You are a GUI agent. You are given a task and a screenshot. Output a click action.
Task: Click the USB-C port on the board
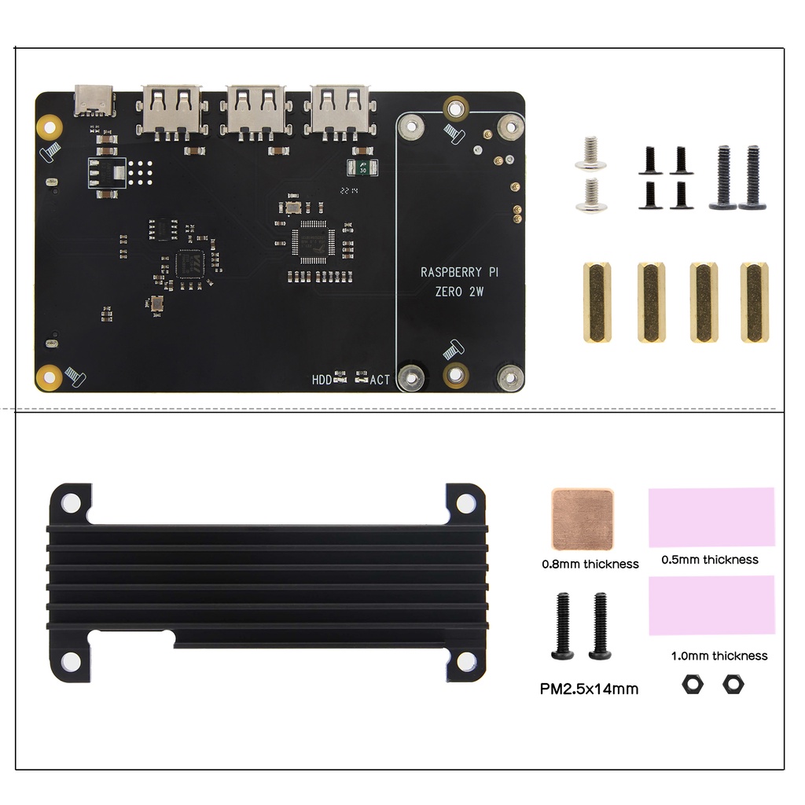(94, 100)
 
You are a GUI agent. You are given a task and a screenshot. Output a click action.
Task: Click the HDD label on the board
(322, 380)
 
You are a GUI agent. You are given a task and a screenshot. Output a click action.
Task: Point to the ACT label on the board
(380, 380)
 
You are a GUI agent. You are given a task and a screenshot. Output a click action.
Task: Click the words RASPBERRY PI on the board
(459, 273)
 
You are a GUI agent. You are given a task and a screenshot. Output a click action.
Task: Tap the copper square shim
(583, 520)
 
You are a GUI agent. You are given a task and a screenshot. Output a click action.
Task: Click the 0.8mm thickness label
(590, 564)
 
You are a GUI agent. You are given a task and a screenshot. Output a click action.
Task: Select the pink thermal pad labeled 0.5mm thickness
(711, 517)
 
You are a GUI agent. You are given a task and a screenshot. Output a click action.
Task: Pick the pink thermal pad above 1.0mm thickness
(711, 605)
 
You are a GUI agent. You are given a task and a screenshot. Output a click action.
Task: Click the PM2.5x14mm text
(589, 689)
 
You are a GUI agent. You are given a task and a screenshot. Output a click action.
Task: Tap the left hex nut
(693, 685)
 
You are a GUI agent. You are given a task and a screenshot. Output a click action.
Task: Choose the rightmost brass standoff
(754, 303)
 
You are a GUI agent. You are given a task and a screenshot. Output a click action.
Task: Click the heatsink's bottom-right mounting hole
(465, 662)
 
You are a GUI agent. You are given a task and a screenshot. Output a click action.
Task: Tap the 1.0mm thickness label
(719, 656)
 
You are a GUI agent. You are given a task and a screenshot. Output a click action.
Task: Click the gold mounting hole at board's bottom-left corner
(50, 377)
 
